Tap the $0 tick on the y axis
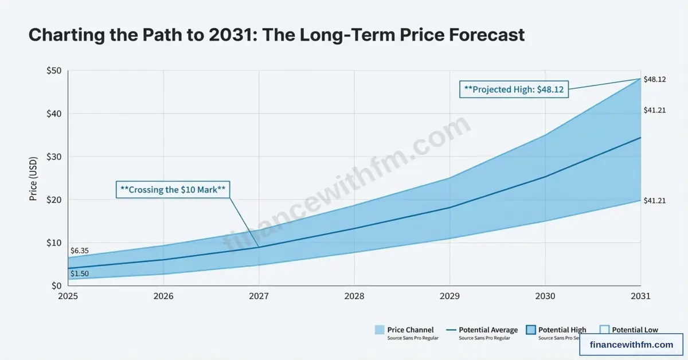56,285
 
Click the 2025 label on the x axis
68,296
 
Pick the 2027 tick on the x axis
259,296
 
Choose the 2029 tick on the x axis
449,296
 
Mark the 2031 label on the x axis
640,296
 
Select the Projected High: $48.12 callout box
514,90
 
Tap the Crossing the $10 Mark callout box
173,190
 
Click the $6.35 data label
79,251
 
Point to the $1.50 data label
79,274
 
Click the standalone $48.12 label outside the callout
654,79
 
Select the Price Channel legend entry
404,330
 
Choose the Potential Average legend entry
482,330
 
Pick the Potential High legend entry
556,330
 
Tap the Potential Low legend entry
629,330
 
